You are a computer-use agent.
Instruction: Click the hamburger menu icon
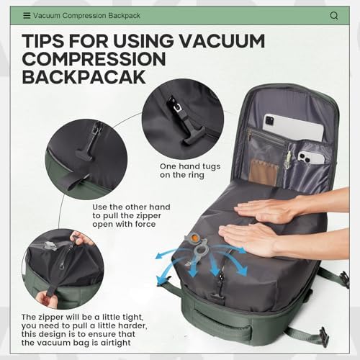pyautogui.click(x=27, y=15)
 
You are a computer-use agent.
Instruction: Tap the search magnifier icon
pyautogui.click(x=334, y=15)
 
